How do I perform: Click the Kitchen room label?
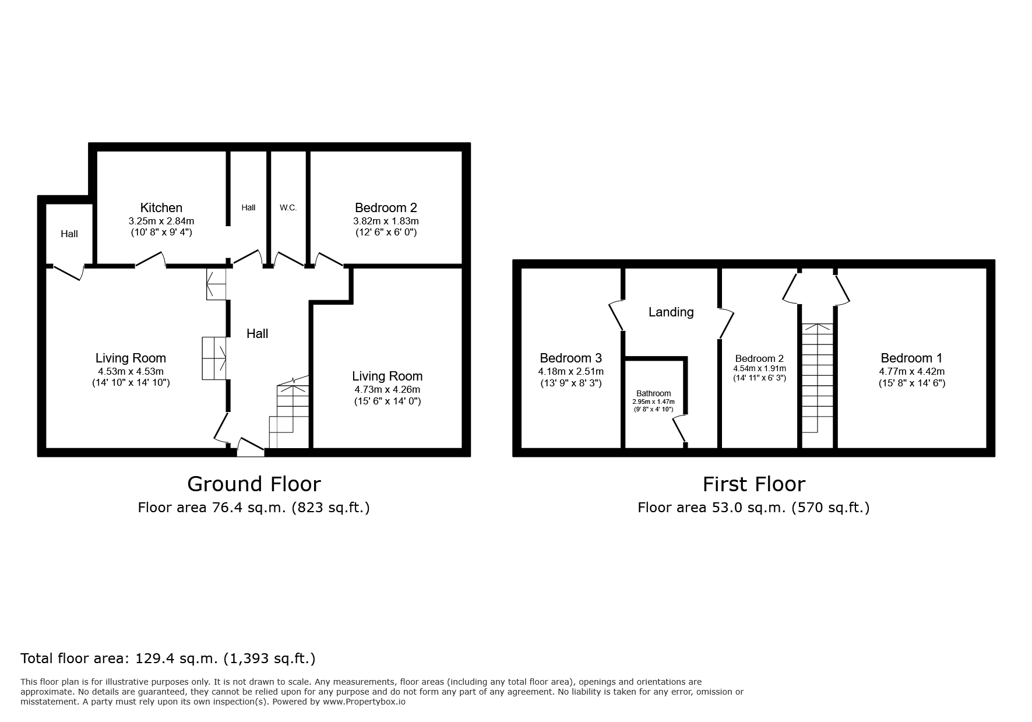click(x=161, y=207)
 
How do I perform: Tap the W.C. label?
click(x=288, y=207)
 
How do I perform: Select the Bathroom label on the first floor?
click(x=653, y=393)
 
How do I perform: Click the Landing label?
click(x=671, y=312)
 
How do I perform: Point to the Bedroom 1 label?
click(x=911, y=358)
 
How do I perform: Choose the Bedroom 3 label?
click(x=570, y=358)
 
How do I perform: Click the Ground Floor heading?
click(x=254, y=484)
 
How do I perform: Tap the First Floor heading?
click(x=753, y=484)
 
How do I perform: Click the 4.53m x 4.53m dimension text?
click(x=131, y=371)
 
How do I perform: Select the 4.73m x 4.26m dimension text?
click(x=387, y=389)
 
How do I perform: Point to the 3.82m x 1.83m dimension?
click(x=386, y=221)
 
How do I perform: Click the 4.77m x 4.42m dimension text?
click(x=911, y=371)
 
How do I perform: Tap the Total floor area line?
click(x=168, y=658)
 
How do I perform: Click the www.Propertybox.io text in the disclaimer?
click(x=364, y=702)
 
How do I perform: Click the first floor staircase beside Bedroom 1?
click(x=818, y=378)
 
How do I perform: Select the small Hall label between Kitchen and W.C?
click(x=248, y=207)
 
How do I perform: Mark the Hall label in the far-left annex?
click(x=69, y=234)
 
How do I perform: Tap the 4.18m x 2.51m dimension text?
click(x=570, y=371)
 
